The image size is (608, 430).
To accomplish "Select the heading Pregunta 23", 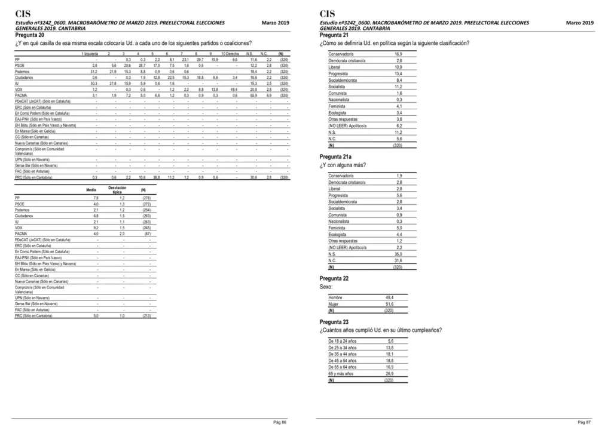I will pos(334,322).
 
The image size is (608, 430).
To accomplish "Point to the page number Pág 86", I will pos(280,422).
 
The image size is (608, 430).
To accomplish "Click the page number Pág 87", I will pos(585,422).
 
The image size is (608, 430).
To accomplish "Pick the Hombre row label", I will pos(335,297).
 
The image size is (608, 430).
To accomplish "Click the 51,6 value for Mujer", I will pos(389,304).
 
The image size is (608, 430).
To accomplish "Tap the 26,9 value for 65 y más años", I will pos(389,374).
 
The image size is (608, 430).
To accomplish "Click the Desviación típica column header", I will pos(117,189).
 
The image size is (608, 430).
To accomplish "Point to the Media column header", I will pos(91,190).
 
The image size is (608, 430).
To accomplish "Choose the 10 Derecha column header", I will pos(229,54).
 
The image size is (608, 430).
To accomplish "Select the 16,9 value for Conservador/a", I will pos(398,54).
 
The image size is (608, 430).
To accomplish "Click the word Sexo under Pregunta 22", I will pos(326,287).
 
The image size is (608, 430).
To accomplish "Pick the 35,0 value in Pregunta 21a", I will pos(398,254).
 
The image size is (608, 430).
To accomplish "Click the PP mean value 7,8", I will pos(96,198).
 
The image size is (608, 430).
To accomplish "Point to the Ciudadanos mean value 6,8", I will pos(96,216).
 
